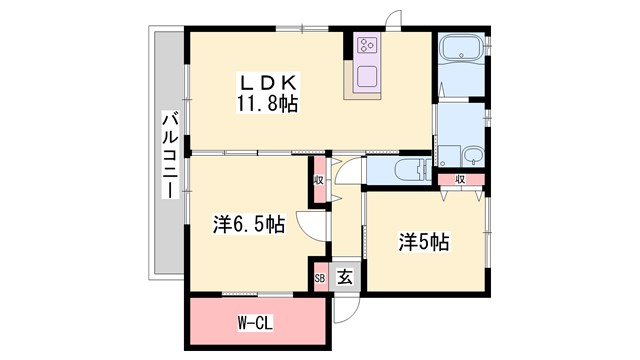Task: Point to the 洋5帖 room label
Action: pos(424,241)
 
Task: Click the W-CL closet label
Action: pos(257,323)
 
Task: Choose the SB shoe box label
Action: pos(320,278)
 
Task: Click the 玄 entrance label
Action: pos(343,278)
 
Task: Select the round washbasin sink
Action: pos(472,155)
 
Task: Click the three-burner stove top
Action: pos(365,45)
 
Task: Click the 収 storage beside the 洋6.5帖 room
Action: pos(318,180)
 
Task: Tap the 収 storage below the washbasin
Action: pos(461,180)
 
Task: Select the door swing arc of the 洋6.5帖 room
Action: pos(314,229)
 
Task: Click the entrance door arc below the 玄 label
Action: pos(343,306)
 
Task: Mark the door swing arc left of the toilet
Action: pos(349,172)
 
